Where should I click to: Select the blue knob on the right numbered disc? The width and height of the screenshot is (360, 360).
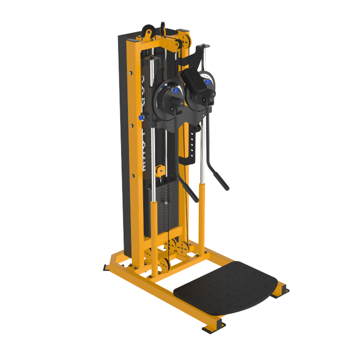[x=207, y=82]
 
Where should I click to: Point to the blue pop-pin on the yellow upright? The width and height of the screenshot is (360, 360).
[x=141, y=117]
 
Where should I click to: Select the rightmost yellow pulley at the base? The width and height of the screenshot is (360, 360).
[x=182, y=248]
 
